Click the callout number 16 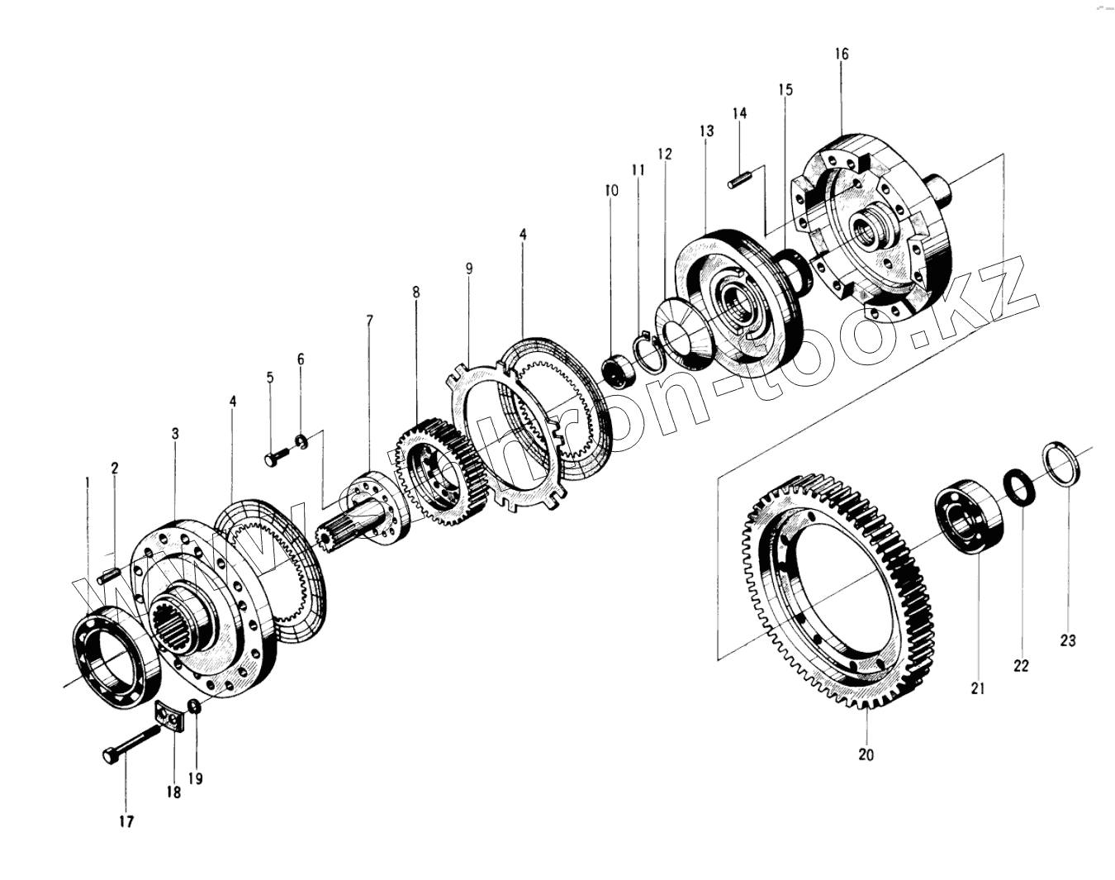[841, 54]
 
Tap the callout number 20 [866, 754]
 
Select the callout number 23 [1067, 640]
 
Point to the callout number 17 [126, 821]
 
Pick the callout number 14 [739, 112]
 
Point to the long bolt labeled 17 [132, 741]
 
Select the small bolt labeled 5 [276, 454]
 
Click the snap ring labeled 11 [647, 346]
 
